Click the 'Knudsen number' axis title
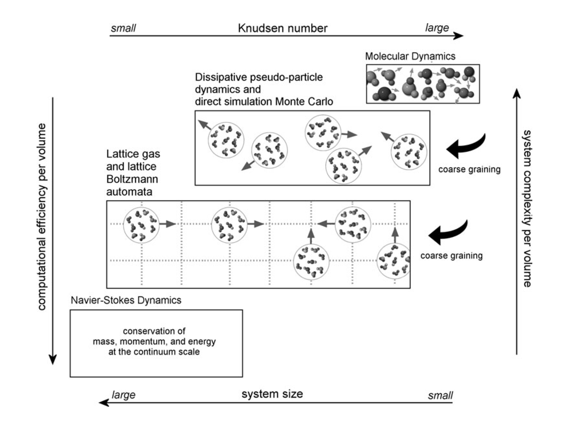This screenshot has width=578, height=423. pos(283,28)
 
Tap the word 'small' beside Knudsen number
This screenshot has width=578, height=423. pos(123,28)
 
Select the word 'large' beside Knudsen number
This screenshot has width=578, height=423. pos(437,28)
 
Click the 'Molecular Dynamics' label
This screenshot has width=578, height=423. pos(410,56)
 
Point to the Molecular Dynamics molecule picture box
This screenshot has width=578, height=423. pos(423,84)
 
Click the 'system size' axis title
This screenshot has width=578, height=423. pos(272,394)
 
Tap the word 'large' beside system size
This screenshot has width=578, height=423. pos(123,395)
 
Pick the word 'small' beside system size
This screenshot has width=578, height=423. pos(440,396)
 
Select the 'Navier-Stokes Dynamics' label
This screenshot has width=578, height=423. pos(126,300)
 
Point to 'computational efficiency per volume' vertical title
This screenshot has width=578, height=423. pos(42,217)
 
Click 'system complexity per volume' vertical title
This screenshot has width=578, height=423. pos(527,208)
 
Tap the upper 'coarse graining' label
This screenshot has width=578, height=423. pos(469,169)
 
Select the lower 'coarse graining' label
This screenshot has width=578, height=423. pos(451,256)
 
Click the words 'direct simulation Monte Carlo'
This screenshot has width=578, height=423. pos(264,102)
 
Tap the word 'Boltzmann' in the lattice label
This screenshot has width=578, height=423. pos(132,179)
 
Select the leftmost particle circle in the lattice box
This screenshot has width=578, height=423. pos(141,225)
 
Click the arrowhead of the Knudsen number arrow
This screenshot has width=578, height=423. pos(459,36)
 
